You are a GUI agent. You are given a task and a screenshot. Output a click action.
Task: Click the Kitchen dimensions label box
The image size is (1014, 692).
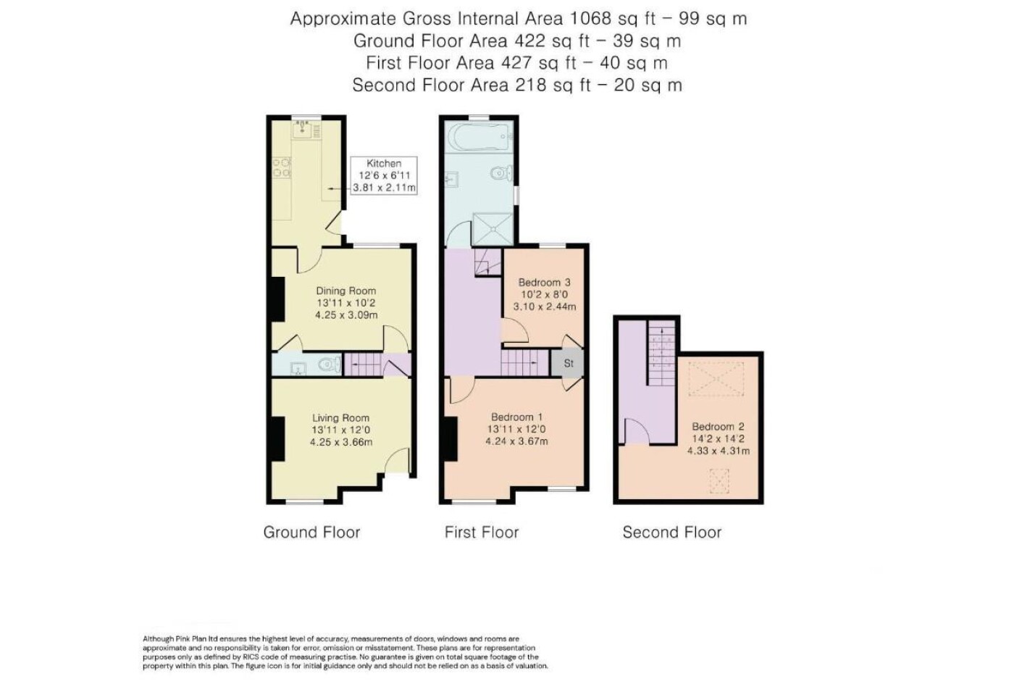coord(384,175)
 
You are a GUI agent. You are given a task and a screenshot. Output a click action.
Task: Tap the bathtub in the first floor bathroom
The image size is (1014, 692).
coord(479,137)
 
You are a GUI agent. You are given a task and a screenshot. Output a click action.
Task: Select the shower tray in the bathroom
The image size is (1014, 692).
coord(493,229)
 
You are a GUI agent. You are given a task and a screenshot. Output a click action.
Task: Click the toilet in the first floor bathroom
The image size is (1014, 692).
coord(501,173)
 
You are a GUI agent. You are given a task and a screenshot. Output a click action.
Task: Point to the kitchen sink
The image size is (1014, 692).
coord(303,130)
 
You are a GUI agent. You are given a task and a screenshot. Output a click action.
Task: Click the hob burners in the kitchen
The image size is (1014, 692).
coord(281,167)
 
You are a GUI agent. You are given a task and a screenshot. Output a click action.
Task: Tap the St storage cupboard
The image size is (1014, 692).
coord(568,363)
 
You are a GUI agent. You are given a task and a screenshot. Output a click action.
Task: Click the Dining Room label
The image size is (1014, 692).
coord(346,291)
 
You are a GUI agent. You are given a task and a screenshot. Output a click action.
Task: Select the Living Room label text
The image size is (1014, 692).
coord(341,417)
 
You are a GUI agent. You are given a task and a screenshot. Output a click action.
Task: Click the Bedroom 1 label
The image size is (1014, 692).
coord(516,417)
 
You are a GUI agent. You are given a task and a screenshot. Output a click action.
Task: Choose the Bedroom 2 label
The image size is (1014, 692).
coord(718,426)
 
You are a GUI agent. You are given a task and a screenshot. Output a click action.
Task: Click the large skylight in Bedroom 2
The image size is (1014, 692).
coord(716,378)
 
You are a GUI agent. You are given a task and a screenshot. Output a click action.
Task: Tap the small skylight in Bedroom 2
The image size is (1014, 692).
coord(718,481)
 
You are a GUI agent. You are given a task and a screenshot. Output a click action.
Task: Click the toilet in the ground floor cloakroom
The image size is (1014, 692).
coord(330,364)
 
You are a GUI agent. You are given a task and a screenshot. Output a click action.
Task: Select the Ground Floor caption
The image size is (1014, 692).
coord(312,532)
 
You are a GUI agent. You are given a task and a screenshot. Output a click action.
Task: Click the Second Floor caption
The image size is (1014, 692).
coord(672,532)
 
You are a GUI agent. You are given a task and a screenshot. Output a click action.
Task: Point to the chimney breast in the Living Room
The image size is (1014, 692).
coord(278,439)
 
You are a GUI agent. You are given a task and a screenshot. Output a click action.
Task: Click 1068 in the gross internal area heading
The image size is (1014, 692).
coord(588,19)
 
